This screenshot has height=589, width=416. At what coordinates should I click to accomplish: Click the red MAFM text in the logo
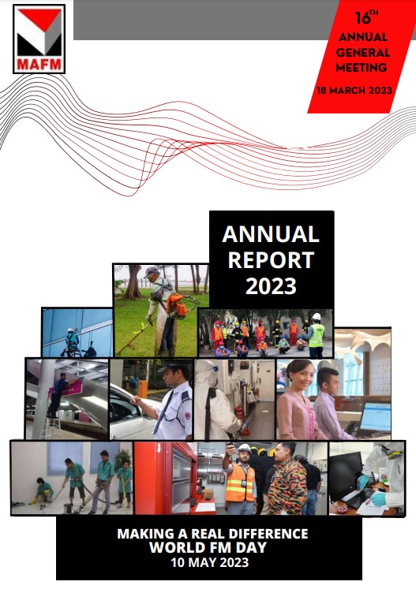pos(39,64)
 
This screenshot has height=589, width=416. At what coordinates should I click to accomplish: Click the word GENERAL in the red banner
pos(362,52)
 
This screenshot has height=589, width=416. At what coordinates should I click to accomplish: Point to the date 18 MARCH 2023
pos(354,91)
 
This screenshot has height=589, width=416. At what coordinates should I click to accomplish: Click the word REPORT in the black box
pos(272,260)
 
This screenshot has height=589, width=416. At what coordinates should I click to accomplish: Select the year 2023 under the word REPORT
pos(272,286)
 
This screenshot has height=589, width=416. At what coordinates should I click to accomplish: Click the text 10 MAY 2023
pos(210,562)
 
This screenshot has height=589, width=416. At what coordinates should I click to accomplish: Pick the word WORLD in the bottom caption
pos(174,547)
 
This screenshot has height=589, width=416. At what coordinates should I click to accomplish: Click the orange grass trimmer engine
pos(177,304)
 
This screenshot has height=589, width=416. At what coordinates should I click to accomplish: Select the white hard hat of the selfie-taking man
pos(245,448)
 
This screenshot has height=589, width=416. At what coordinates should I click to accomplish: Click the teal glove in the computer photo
pos(379,499)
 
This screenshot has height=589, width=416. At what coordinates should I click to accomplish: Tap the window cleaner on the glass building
pos(72,342)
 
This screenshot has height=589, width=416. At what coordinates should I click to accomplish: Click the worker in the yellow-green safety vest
pos(316,335)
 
